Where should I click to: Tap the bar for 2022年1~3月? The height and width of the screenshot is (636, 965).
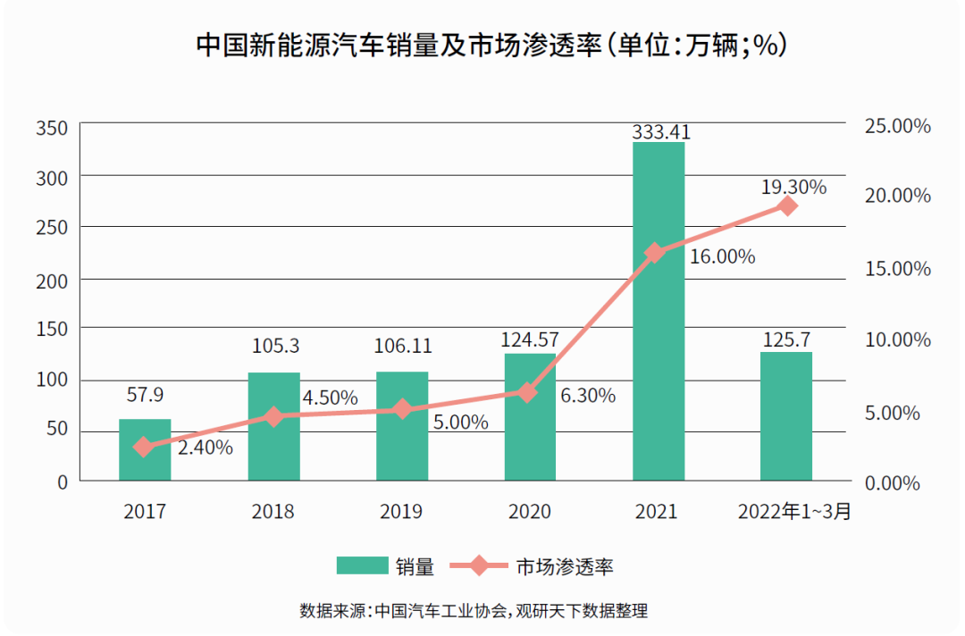(786, 416)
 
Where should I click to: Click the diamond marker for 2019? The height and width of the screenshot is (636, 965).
(402, 409)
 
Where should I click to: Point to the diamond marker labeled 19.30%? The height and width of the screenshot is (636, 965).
(787, 206)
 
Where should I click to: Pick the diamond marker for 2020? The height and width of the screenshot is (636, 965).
(528, 392)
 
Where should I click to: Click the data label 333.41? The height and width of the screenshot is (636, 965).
(661, 132)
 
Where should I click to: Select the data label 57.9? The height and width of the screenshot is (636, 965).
(145, 394)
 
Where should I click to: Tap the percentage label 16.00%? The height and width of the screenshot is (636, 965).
(722, 257)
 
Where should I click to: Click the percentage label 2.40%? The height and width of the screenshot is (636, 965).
(206, 448)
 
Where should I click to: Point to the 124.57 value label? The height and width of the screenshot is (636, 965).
(531, 340)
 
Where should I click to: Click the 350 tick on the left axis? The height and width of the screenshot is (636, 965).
(52, 128)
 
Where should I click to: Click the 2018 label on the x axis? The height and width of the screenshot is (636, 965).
(273, 512)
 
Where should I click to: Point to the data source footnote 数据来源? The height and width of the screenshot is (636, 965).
(474, 612)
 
